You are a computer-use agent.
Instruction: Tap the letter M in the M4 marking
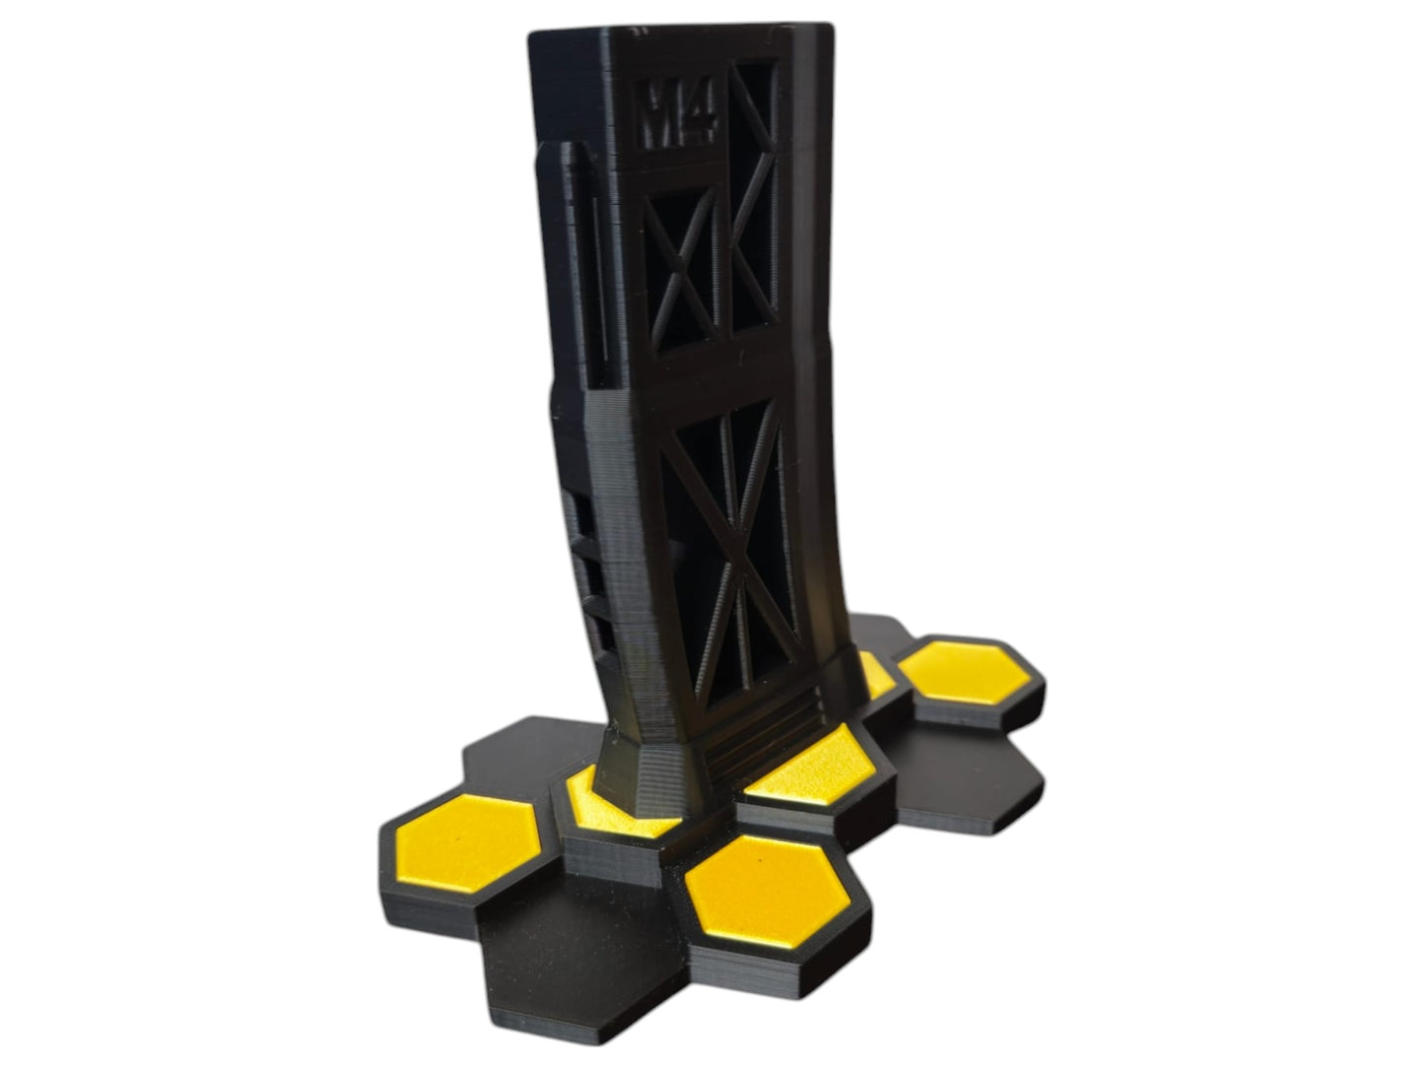pos(660,113)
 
